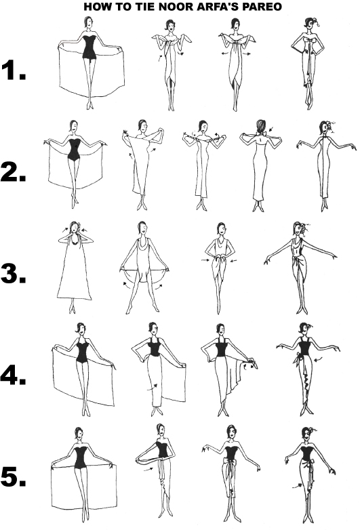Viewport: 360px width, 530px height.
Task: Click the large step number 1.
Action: point(14,70)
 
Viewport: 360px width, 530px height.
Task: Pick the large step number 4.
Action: point(14,375)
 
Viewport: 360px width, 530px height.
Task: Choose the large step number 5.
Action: point(14,476)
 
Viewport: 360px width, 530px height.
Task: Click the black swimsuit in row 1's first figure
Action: point(89,47)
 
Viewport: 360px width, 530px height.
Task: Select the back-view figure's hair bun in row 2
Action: point(260,126)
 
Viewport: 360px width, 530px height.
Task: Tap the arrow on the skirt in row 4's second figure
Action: point(153,386)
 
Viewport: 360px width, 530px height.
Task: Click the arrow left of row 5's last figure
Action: point(297,486)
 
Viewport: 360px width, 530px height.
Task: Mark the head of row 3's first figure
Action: point(75,228)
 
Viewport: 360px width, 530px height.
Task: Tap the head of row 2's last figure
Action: point(324,128)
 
